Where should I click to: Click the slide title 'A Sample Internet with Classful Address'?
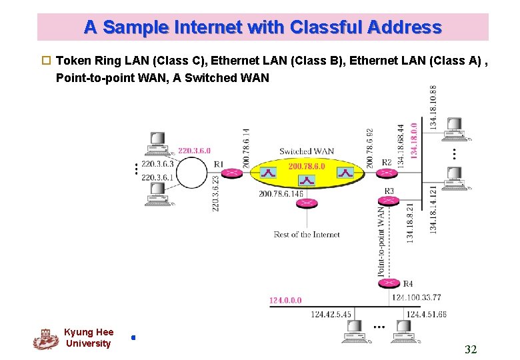tap(263, 27)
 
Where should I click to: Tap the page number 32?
tap(471, 349)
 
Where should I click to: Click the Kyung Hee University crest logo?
tap(45, 339)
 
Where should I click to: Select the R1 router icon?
tap(231, 173)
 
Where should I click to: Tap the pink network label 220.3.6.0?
tap(194, 151)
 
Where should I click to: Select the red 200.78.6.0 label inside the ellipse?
tap(307, 166)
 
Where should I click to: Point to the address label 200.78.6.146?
tap(281, 194)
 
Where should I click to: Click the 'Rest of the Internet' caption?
tap(307, 235)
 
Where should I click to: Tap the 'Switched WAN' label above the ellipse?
tap(307, 151)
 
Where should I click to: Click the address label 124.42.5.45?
tap(331, 315)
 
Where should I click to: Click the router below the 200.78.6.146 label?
tap(307, 203)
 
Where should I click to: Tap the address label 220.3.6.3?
tap(157, 164)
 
